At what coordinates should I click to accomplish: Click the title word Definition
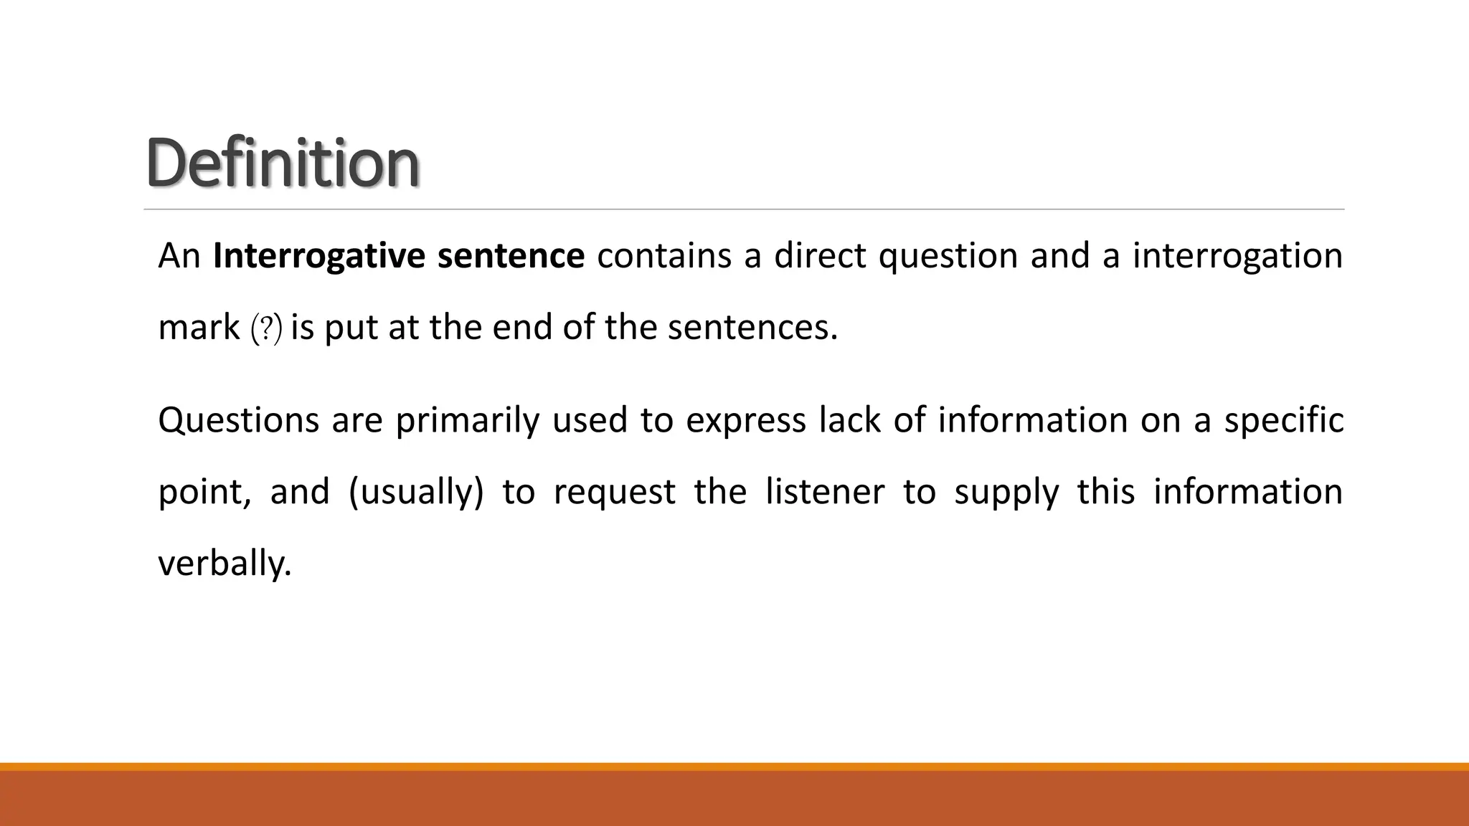283,163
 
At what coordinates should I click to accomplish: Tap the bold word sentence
511,256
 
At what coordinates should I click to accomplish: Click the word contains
663,256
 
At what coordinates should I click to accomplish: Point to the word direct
820,256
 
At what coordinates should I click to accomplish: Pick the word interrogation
1237,256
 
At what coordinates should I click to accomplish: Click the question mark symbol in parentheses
266,329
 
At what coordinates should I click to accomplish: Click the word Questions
238,420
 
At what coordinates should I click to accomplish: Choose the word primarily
467,420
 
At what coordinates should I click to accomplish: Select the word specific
1283,420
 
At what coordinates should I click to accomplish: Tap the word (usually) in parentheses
416,493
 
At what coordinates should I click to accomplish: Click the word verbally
225,564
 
